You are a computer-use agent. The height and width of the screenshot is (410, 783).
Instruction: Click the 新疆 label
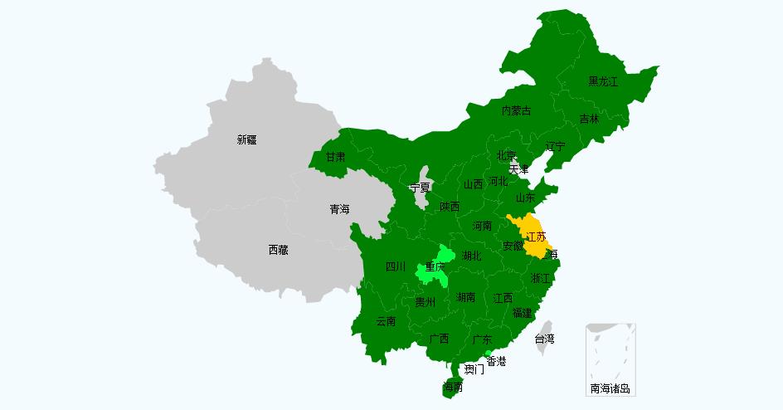click(x=246, y=139)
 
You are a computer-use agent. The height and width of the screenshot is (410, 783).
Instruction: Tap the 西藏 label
click(x=278, y=249)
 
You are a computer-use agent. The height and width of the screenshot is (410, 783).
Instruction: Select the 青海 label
click(x=339, y=209)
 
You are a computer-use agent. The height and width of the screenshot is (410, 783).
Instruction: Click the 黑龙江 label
click(x=603, y=81)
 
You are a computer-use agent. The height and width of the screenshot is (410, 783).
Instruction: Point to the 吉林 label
click(x=589, y=119)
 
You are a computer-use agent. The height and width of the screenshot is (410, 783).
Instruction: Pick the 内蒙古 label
click(x=516, y=110)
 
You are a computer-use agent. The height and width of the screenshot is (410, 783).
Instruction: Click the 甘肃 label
click(x=335, y=156)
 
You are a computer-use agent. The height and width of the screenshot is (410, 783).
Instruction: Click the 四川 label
click(x=396, y=266)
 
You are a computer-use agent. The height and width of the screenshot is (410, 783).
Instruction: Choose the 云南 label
click(x=386, y=320)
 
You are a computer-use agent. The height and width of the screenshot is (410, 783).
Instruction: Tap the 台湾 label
click(x=544, y=339)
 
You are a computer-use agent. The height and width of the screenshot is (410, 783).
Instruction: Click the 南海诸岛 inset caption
click(x=610, y=388)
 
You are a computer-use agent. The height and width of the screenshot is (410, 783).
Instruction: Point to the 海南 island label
click(x=453, y=387)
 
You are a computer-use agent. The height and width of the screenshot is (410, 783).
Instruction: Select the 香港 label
click(x=496, y=361)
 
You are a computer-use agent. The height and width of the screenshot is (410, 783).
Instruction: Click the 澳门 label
click(x=474, y=369)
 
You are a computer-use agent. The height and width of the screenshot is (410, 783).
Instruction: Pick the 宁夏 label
click(x=420, y=188)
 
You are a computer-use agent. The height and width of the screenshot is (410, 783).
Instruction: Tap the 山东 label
click(x=525, y=198)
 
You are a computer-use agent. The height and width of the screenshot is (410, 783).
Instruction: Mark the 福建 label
click(x=522, y=313)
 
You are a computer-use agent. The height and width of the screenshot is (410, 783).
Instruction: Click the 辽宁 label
click(x=555, y=146)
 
